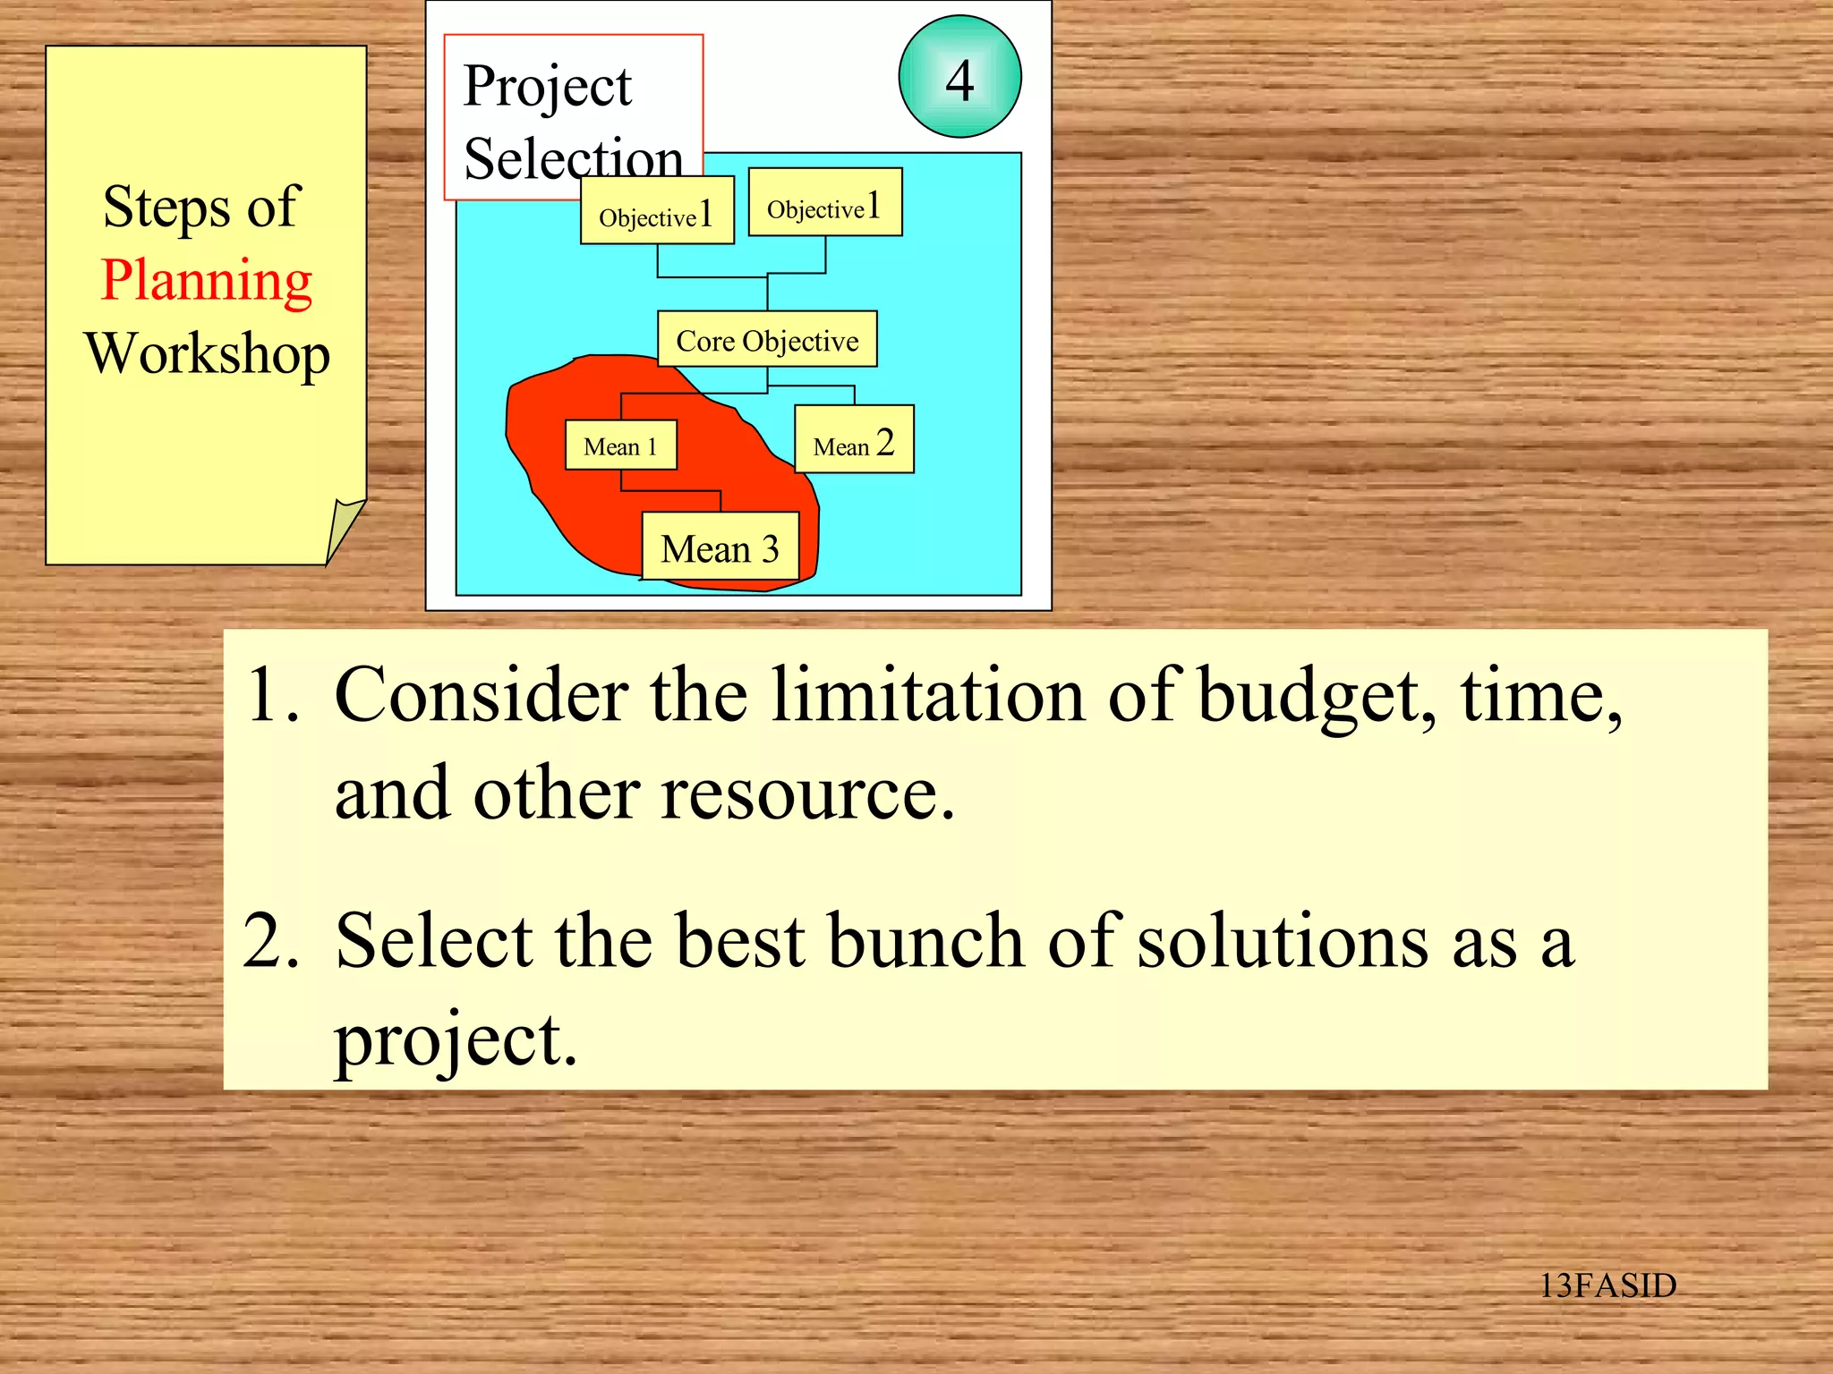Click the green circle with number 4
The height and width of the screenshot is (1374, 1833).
coord(959,77)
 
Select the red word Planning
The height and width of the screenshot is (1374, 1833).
coord(207,281)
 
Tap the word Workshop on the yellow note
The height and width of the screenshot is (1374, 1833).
coord(207,354)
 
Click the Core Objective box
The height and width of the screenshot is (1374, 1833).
coord(767,340)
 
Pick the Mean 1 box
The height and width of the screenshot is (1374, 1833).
coord(620,445)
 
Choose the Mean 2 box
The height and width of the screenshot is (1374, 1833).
coord(854,441)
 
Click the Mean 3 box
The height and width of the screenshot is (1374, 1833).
coord(720,547)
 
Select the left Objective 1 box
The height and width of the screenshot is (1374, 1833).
coord(657,211)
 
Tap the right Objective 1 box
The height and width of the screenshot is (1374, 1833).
coord(824,204)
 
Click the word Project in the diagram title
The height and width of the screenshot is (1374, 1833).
coord(547,88)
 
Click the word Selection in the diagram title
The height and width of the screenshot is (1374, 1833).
coord(573,159)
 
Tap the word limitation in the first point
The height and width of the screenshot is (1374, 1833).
coord(928,696)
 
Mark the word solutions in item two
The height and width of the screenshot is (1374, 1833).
coord(1282,941)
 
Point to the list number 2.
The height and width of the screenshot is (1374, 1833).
coord(269,941)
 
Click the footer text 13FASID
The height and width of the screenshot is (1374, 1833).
coord(1607,1285)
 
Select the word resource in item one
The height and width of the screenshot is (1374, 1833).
coord(807,794)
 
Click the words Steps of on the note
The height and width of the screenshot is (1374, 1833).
coord(200,208)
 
